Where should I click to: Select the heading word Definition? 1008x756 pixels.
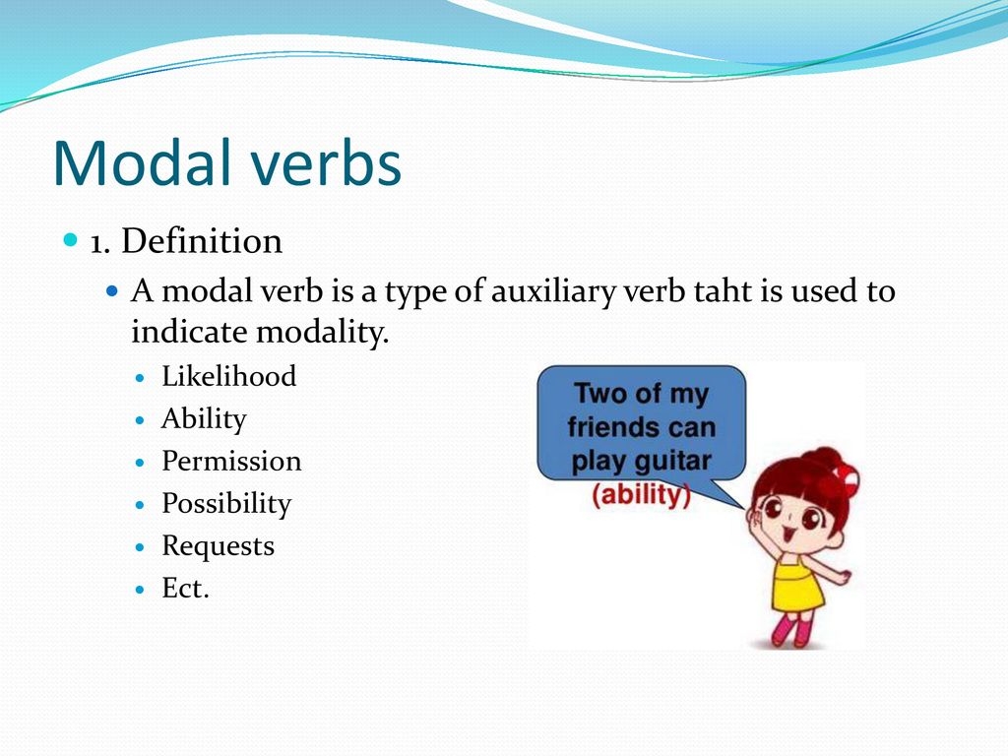click(202, 241)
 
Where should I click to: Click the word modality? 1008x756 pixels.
click(323, 333)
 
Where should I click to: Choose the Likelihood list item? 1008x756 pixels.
click(228, 376)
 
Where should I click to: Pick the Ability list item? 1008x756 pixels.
click(204, 419)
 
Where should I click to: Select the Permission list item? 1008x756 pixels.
click(231, 461)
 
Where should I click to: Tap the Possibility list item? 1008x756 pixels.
click(226, 504)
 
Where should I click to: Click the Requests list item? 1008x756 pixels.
click(218, 546)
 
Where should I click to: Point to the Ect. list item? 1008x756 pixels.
click(185, 588)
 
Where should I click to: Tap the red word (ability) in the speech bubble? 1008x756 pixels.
click(641, 495)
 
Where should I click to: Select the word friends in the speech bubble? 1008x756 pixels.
click(608, 427)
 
